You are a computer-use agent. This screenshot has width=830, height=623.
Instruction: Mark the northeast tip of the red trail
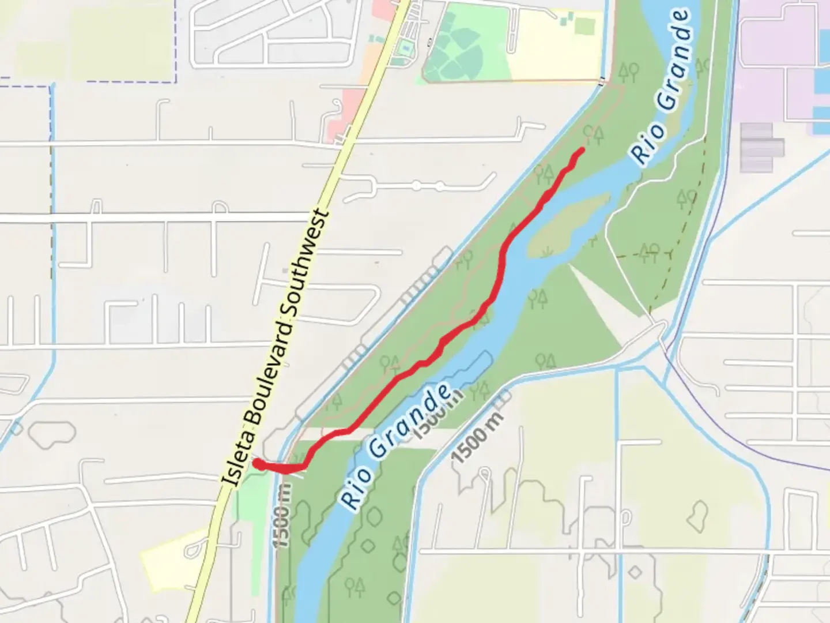coord(582,150)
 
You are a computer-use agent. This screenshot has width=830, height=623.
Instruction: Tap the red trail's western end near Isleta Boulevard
coord(257,463)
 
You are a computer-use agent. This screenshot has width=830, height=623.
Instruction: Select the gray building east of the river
coord(761,147)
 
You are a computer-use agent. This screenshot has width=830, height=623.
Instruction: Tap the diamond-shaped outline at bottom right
coord(635,572)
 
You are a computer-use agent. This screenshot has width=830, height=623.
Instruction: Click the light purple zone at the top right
coord(772,46)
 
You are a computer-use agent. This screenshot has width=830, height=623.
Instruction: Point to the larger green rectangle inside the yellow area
coord(583,26)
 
